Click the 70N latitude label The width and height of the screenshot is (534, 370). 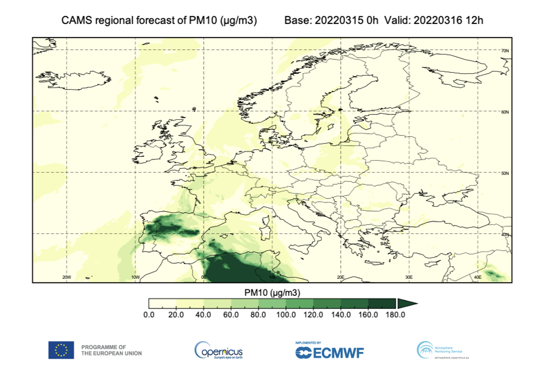pyautogui.click(x=505, y=51)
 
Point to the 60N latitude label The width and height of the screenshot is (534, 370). pyautogui.click(x=505, y=112)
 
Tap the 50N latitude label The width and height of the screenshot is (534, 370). pyautogui.click(x=505, y=173)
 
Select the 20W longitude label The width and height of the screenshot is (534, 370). pyautogui.click(x=66, y=277)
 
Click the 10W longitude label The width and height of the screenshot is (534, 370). pyautogui.click(x=135, y=277)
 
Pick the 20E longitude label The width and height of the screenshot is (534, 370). pyautogui.click(x=340, y=277)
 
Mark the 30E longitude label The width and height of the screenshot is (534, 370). pyautogui.click(x=409, y=277)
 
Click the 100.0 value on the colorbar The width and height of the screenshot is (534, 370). pyautogui.click(x=286, y=315)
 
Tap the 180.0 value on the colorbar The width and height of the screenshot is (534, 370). pyautogui.click(x=395, y=315)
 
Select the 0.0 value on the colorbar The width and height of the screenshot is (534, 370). pyautogui.click(x=149, y=315)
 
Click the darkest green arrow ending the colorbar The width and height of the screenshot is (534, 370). pyautogui.click(x=406, y=303)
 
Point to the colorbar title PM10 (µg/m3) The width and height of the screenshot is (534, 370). pyautogui.click(x=272, y=293)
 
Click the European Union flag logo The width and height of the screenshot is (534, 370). pyautogui.click(x=61, y=350)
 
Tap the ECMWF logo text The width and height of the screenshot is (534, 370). pyautogui.click(x=338, y=353)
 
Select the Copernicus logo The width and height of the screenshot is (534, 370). pyautogui.click(x=219, y=350)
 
